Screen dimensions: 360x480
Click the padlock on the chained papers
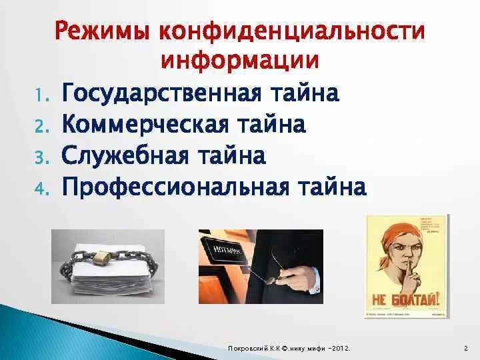102,259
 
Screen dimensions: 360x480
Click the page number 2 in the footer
465,349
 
